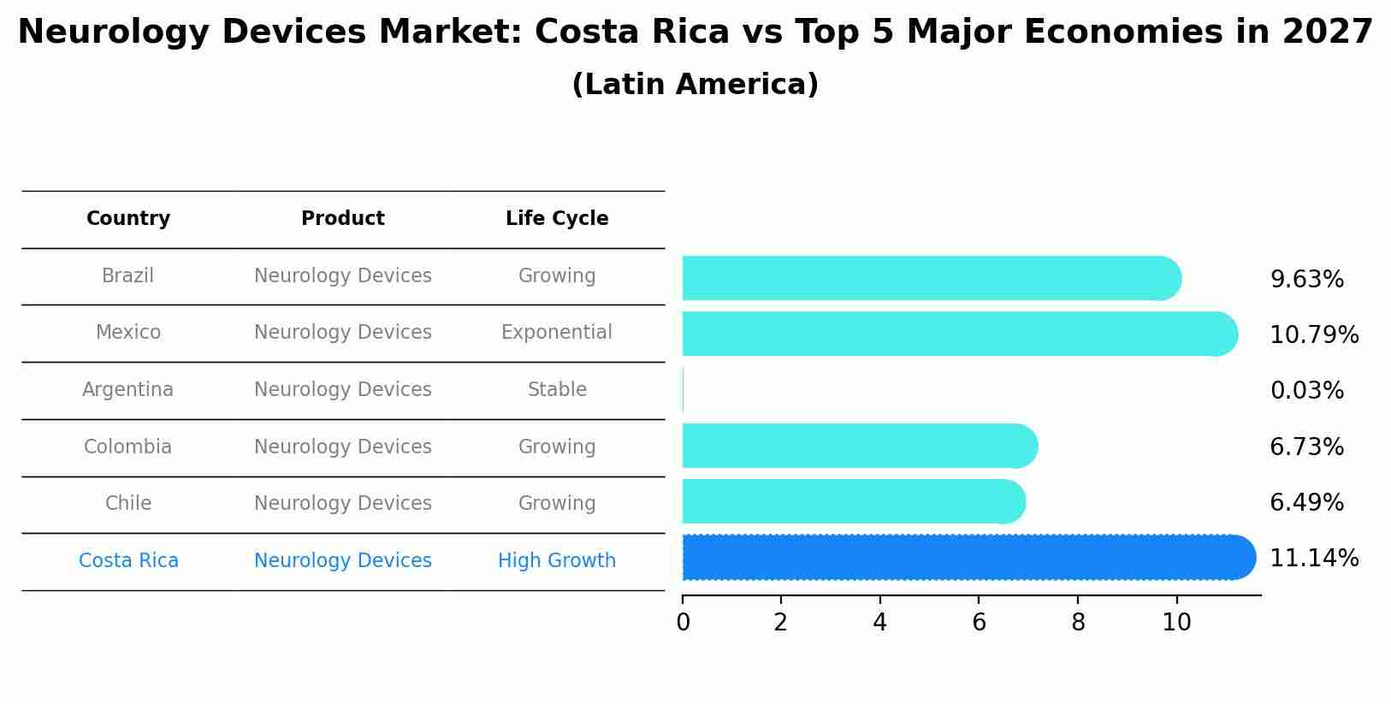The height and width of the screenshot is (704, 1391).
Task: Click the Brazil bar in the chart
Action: click(931, 278)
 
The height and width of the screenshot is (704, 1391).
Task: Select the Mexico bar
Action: click(958, 334)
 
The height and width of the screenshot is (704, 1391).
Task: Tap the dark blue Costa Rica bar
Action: click(968, 558)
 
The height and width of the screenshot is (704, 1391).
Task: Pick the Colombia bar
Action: click(859, 446)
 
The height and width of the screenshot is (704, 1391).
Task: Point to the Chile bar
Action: click(853, 501)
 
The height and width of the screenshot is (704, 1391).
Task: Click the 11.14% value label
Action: click(1314, 559)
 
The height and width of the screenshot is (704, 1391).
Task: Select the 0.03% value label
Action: click(1306, 391)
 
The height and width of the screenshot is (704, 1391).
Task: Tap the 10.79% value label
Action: click(1314, 334)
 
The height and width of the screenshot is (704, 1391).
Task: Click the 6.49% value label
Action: click(1306, 503)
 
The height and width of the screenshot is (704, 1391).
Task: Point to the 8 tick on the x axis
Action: click(1078, 623)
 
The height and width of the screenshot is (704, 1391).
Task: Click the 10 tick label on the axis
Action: click(1177, 623)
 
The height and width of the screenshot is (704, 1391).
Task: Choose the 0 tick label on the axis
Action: click(683, 623)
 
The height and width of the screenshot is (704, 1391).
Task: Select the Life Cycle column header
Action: click(557, 219)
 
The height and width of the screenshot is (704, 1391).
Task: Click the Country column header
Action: click(128, 219)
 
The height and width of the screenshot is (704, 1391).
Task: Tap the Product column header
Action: click(343, 219)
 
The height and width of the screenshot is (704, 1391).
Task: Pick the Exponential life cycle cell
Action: click(557, 333)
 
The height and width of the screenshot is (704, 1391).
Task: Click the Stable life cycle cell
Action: click(557, 390)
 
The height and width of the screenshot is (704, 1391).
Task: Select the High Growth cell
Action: click(557, 561)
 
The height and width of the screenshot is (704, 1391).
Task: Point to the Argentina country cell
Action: click(128, 390)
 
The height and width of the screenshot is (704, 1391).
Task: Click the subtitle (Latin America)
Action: click(695, 85)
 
